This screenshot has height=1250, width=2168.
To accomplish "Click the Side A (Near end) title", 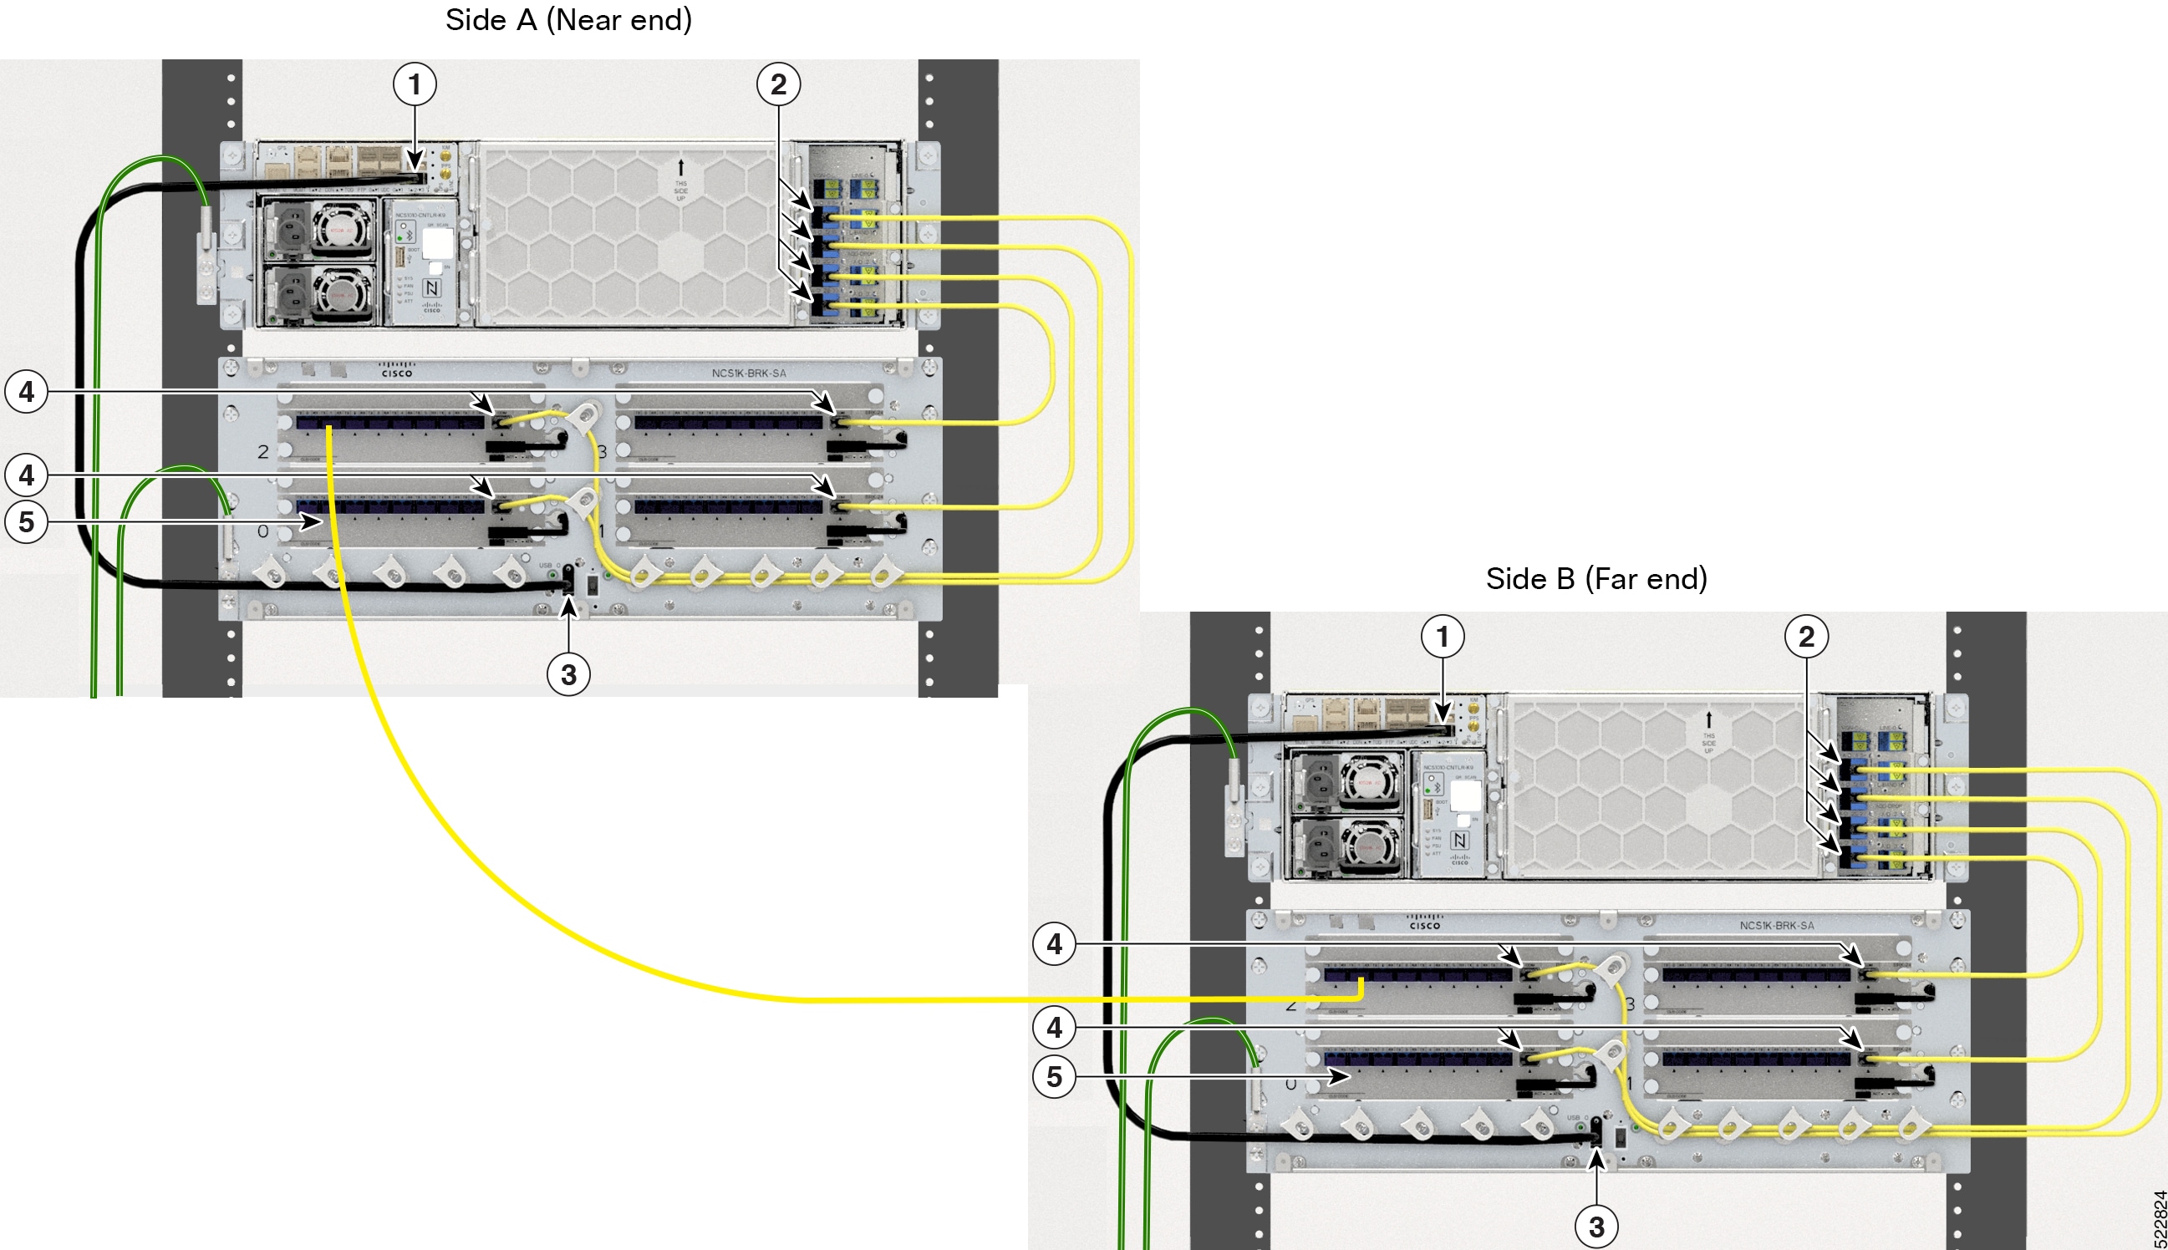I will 568,20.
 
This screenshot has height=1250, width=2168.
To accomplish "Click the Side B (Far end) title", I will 1596,579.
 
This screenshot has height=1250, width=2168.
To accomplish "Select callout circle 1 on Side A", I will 415,84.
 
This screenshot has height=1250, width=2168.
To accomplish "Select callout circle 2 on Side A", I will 778,84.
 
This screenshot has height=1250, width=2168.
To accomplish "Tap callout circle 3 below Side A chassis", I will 568,675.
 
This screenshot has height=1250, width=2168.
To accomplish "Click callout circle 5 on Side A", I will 27,521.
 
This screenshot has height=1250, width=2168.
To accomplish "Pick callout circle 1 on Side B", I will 1443,637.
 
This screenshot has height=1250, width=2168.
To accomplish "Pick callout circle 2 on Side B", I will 1806,637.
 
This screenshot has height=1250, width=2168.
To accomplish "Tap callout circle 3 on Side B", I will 1596,1227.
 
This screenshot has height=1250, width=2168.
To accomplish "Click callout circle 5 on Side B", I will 1055,1076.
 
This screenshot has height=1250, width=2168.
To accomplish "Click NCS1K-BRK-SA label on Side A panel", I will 749,373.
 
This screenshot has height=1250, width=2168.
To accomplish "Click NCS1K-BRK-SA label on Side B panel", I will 1777,926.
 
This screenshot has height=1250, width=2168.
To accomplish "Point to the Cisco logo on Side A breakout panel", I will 397,370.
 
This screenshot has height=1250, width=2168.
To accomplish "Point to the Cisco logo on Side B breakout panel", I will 1424,922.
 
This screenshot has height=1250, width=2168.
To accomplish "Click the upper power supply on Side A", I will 317,227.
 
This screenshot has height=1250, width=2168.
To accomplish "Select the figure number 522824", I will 2160,1218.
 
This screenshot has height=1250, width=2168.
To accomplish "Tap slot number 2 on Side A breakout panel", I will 262,451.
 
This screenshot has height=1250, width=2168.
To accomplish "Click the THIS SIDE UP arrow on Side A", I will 681,168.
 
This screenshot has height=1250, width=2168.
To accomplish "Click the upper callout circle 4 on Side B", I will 1055,944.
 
